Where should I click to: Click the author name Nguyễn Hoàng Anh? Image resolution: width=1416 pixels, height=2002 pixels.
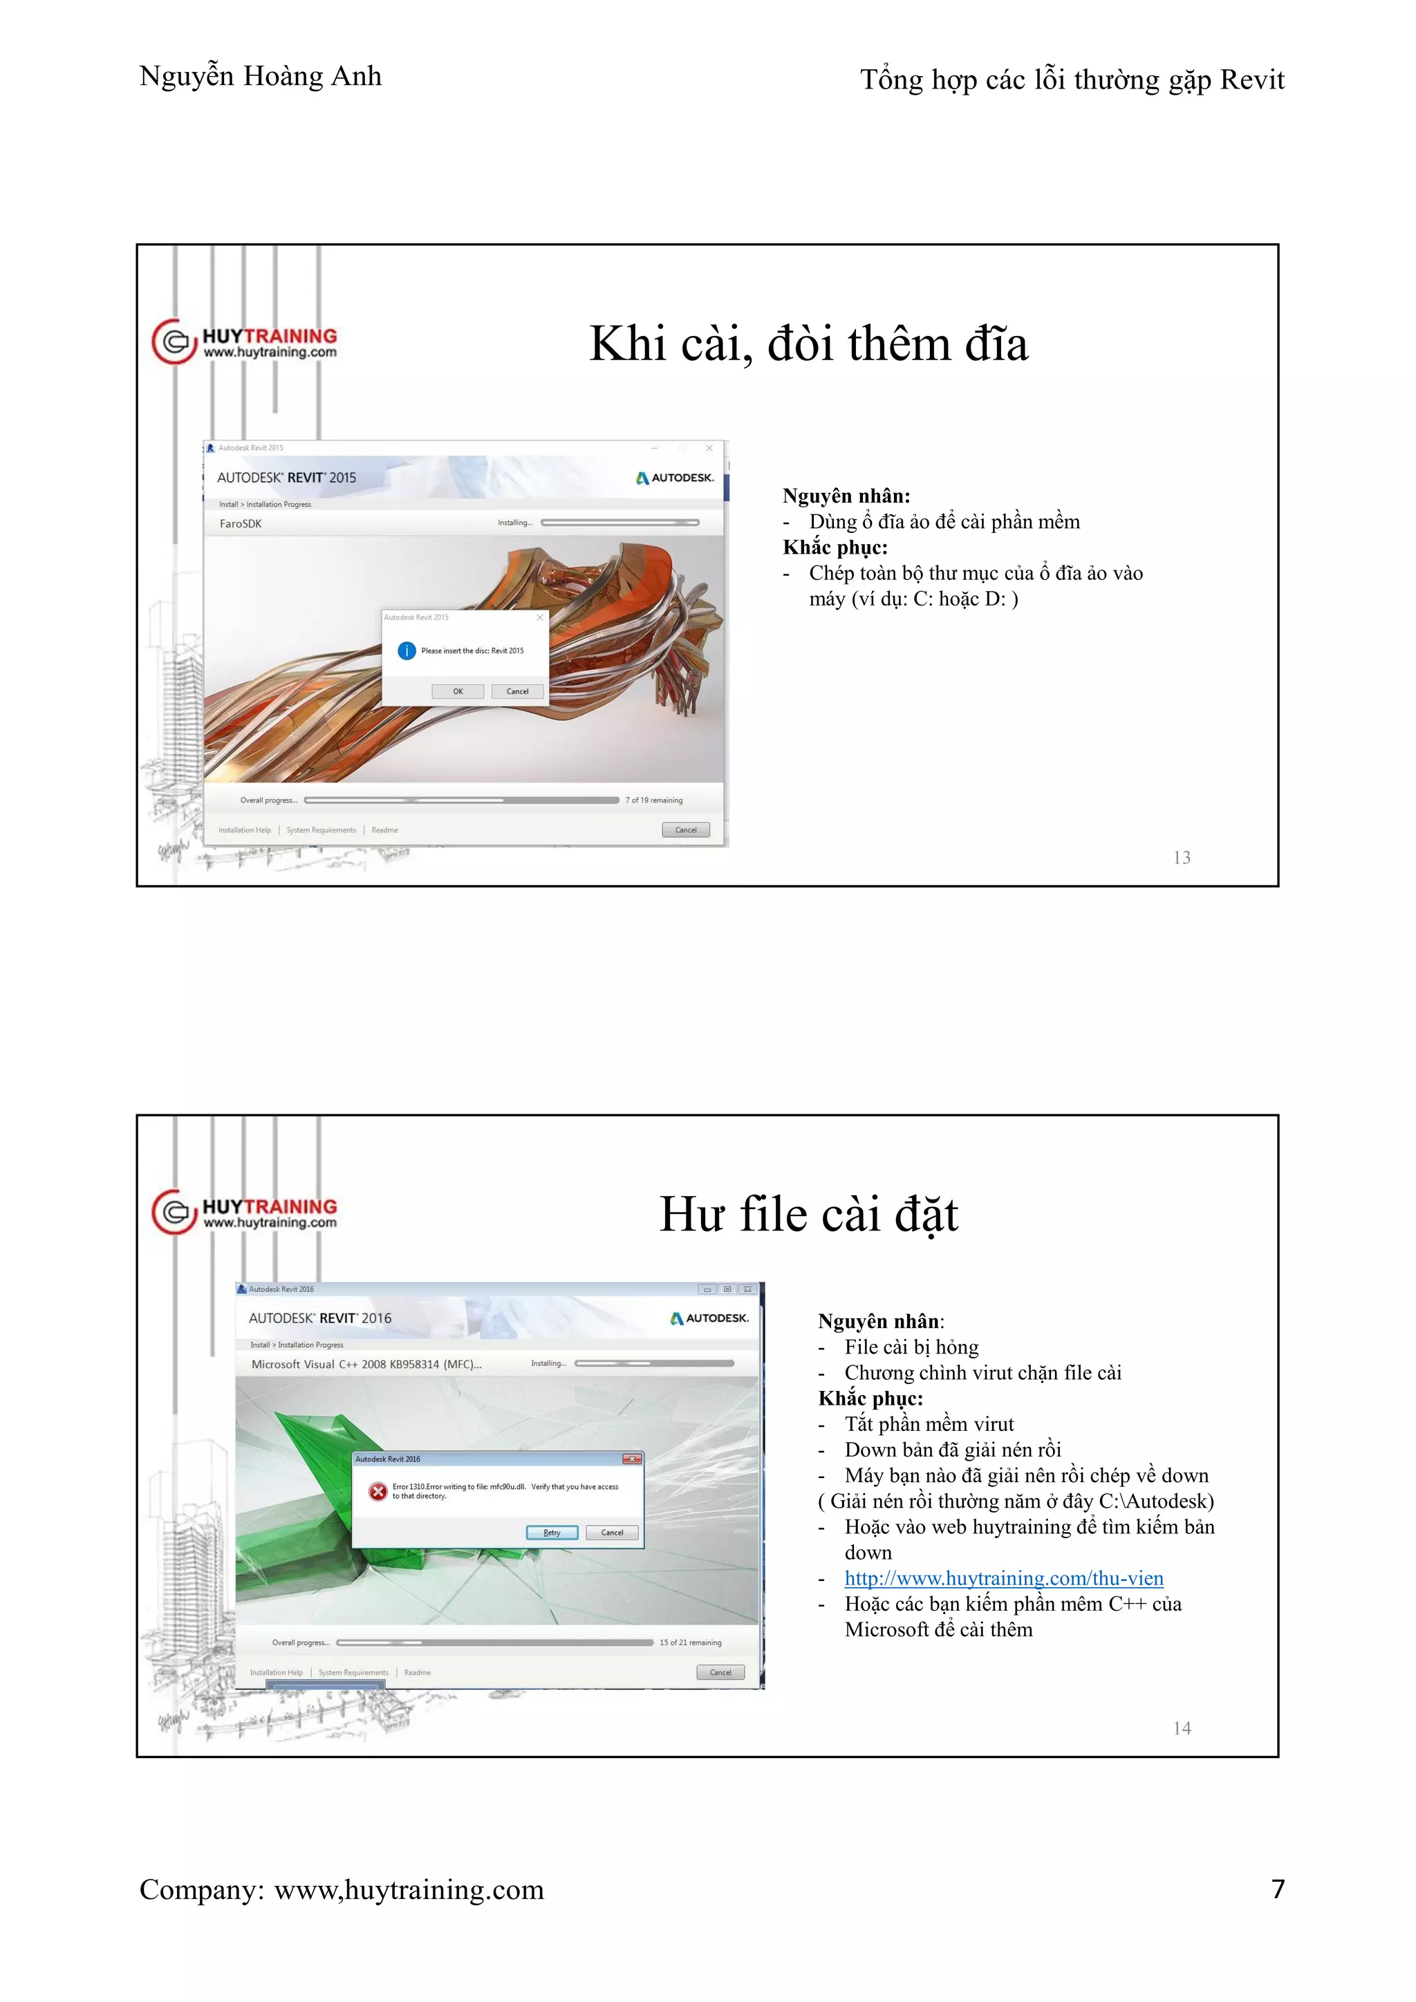(260, 77)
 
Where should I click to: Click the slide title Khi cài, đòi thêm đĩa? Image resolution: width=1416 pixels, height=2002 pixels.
(808, 344)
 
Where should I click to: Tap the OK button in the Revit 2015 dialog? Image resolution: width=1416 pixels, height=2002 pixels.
(458, 691)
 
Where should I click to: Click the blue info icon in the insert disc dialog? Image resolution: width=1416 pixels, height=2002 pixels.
(407, 651)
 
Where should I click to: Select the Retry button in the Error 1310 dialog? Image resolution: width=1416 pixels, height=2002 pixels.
(552, 1532)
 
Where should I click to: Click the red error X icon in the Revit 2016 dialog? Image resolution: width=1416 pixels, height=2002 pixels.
(378, 1491)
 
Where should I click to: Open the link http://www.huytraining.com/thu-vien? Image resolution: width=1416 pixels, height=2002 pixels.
(1004, 1578)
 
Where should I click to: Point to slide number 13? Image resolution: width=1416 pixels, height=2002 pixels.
(1182, 858)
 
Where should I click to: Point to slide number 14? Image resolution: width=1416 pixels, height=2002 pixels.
(1182, 1728)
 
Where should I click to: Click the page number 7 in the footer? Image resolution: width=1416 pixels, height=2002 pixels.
(1277, 1889)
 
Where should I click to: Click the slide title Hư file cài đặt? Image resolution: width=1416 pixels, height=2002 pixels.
(808, 1214)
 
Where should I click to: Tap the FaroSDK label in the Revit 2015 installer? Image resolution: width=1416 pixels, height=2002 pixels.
(241, 524)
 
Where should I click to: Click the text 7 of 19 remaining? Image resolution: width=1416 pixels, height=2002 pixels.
(654, 801)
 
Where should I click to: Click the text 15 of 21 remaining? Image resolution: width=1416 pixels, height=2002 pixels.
(690, 1643)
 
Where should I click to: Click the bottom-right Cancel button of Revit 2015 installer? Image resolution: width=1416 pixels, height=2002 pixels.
(685, 830)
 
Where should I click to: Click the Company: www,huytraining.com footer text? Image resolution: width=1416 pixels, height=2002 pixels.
(341, 1889)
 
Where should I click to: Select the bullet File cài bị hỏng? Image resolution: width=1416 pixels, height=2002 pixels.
(911, 1347)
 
